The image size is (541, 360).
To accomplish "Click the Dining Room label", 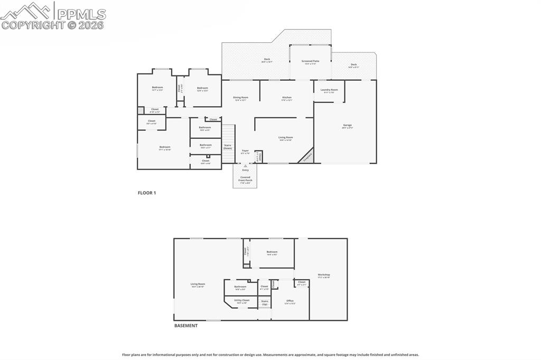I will pos(240,98).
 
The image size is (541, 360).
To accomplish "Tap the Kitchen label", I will pos(287,98).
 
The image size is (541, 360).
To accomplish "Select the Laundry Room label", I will pos(329,90).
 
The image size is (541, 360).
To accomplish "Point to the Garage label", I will pos(347,125).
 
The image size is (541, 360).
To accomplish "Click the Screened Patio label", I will pos(310,61).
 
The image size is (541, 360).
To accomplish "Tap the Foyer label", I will pos(245,151).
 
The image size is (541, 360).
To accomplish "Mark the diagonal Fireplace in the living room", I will pos(306,156).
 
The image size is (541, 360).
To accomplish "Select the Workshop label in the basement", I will pos(324,275).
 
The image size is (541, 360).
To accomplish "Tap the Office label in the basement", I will pos(290,301).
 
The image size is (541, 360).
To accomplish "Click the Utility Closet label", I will pos(241,300).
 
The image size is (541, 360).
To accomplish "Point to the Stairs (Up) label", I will pos(264,302).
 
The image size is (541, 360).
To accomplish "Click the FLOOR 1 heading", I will pos(147,193).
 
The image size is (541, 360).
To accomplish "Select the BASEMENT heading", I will pos(186,326).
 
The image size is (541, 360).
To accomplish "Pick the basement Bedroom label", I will pos(272,252).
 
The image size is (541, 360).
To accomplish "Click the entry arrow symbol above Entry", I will pos(245,166).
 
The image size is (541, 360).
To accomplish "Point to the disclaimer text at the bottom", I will pos(270,355).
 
